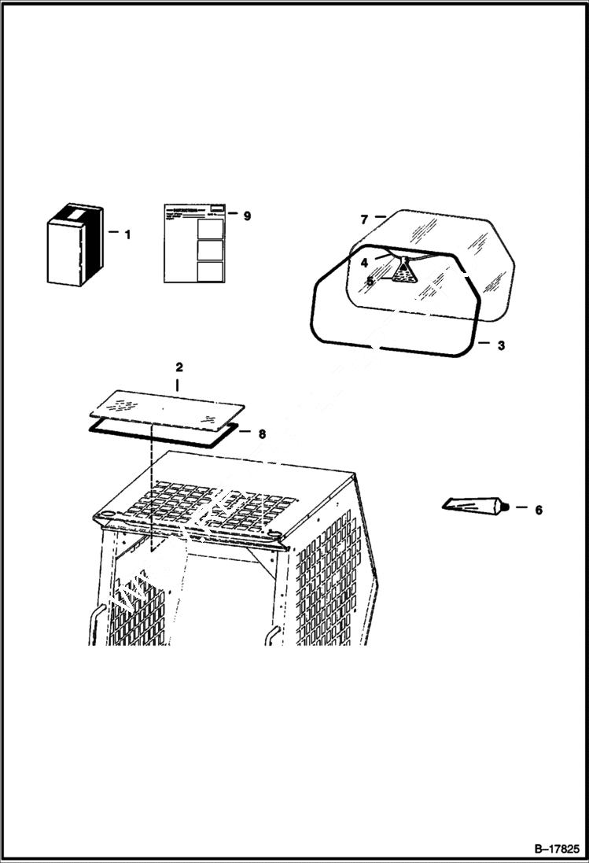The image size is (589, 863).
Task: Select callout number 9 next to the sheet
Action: pos(247,216)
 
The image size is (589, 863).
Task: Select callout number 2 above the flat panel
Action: pos(179,367)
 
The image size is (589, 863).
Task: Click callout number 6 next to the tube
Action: pos(539,510)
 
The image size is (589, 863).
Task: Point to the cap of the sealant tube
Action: pos(509,507)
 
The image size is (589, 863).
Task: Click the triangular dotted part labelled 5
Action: pos(403,274)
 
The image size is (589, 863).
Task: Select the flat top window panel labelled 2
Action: pos(165,404)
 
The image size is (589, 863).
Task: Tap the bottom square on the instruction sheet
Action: pos(210,271)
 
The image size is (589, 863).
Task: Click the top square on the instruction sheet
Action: pos(210,228)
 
